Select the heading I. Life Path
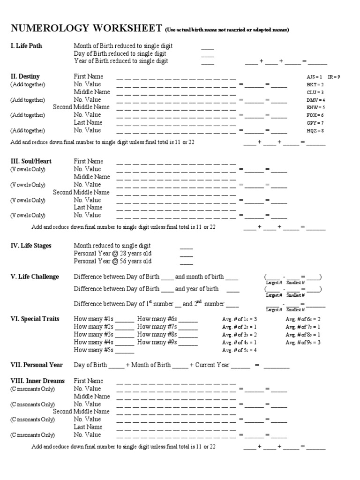tap(29, 46)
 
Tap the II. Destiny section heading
tap(25, 76)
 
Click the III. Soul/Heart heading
tap(31, 161)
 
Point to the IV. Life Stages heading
tap(31, 246)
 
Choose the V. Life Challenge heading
tap(35, 277)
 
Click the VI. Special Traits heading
tap(35, 319)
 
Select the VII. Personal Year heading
tap(35, 365)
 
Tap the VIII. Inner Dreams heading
tap(37, 381)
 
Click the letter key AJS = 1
tap(314, 76)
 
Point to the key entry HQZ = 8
tap(315, 130)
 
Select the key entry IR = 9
tap(334, 76)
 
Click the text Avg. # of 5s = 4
tap(240, 350)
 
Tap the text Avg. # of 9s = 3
tap(303, 342)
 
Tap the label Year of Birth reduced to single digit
tap(121, 61)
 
